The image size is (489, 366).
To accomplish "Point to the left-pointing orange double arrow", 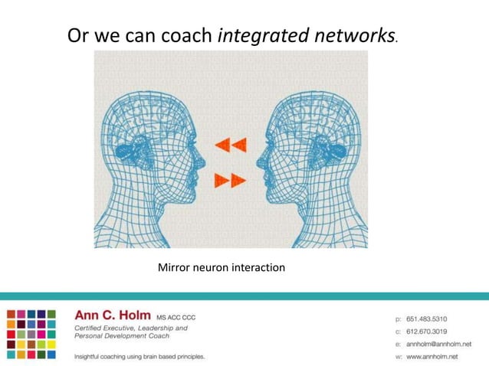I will [231, 143].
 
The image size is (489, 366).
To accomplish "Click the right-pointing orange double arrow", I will [231, 181].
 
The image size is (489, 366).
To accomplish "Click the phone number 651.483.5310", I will [431, 316].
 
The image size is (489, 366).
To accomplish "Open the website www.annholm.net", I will [438, 357].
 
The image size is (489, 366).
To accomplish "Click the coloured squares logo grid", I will [31, 333].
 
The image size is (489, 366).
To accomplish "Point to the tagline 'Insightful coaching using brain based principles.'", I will [139, 357].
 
